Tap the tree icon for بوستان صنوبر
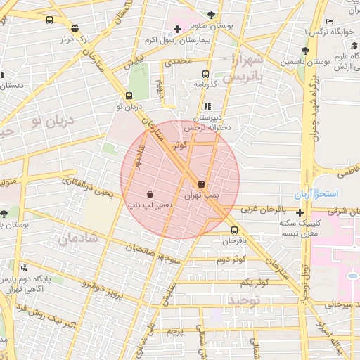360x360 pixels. pos(212,14)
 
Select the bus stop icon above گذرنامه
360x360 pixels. pos(205,73)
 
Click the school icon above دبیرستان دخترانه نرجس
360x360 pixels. pos(207,105)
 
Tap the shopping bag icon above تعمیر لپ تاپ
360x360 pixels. pos(150,193)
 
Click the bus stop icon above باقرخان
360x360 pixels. pos(234,230)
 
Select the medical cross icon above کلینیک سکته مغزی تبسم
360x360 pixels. pos(300,212)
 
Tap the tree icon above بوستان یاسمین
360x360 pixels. pos(304,51)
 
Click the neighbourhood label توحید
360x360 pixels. pos(244,301)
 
